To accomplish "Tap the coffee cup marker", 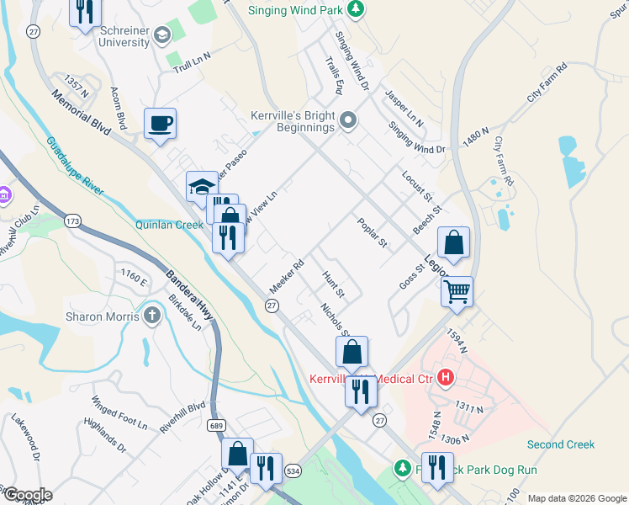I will [x=160, y=125].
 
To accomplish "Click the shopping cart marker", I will [x=457, y=292].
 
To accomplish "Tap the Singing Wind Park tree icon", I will [x=357, y=10].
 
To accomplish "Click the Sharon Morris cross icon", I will [x=151, y=316].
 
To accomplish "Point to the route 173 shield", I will [x=73, y=221].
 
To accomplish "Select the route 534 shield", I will [x=293, y=470].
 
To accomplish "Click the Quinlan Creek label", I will [x=169, y=225].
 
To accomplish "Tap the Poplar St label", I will [x=372, y=233].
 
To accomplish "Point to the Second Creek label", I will [x=560, y=444].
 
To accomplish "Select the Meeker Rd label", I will [x=286, y=276].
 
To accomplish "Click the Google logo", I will [x=27, y=495].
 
